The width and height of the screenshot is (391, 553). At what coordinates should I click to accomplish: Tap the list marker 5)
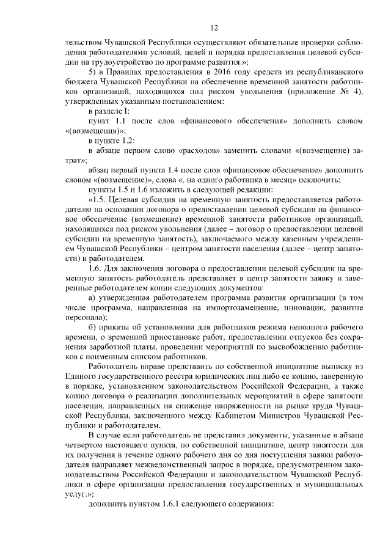93,71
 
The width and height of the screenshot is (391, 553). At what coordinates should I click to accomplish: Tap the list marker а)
92,298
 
